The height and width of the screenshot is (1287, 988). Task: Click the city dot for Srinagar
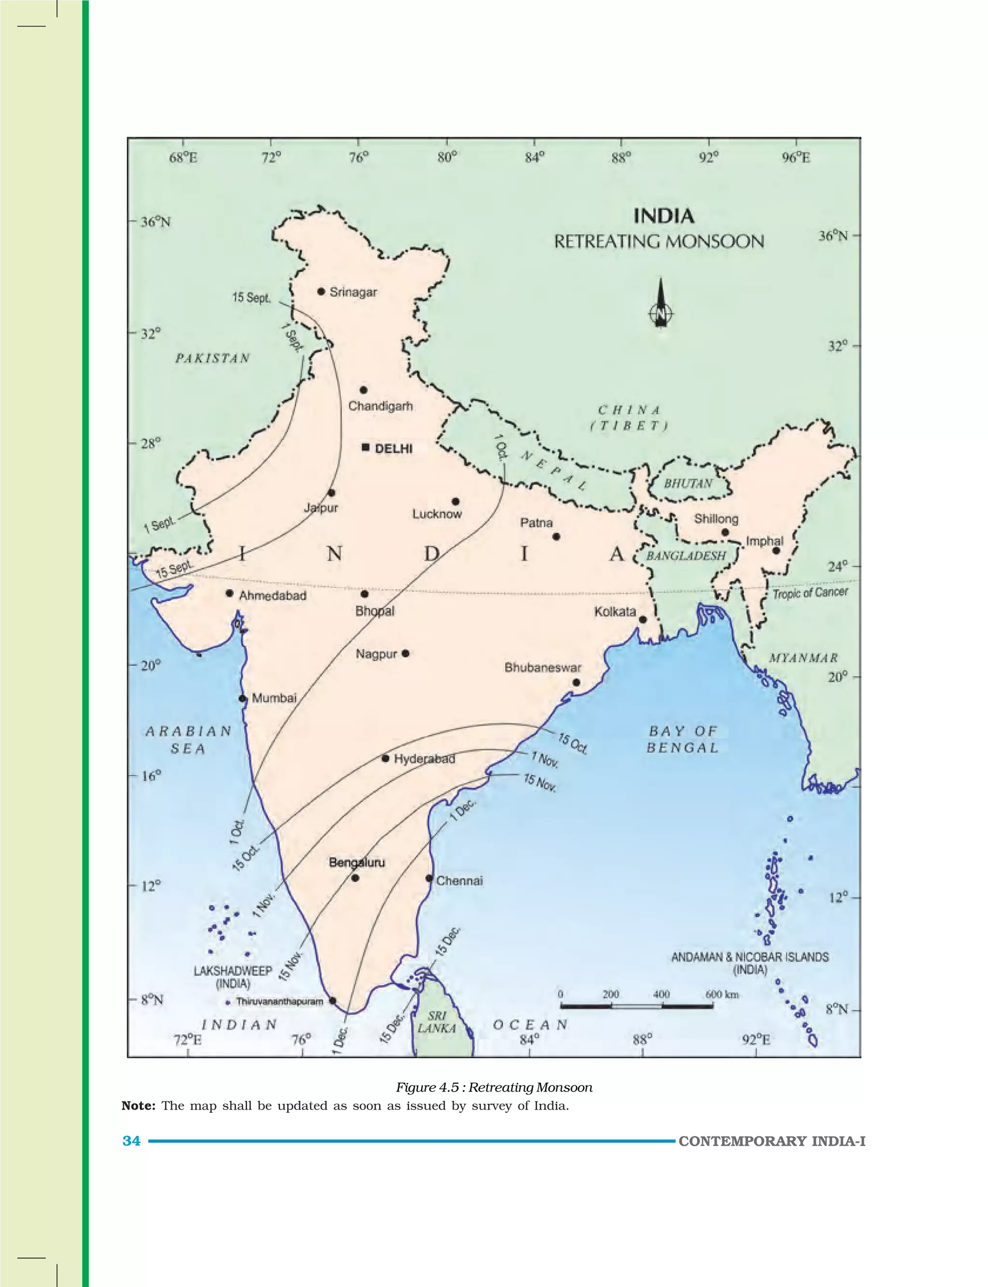[x=321, y=292]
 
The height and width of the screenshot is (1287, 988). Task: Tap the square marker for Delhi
[x=365, y=448]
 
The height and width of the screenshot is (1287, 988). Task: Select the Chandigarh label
[x=381, y=406]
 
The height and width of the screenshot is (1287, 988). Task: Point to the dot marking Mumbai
[x=242, y=698]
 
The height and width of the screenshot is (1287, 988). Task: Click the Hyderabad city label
[x=424, y=759]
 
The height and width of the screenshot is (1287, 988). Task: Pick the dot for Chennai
[x=429, y=878]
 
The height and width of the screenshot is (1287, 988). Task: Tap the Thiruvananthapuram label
[x=279, y=1001]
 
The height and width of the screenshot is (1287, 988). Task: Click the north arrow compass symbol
[x=661, y=304]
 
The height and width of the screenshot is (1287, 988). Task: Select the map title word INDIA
[x=663, y=217]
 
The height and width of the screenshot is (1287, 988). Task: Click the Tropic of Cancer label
[x=810, y=593]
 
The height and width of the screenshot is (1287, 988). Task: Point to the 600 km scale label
[x=722, y=995]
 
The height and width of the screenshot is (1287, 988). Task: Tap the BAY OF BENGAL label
[x=682, y=739]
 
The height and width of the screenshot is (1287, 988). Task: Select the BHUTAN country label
[x=687, y=484]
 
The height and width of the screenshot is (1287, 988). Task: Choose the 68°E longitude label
[x=183, y=158]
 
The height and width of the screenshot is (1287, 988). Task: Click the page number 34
[x=131, y=1141]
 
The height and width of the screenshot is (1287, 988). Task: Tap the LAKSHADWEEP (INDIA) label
[x=233, y=977]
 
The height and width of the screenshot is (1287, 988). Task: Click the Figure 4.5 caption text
[x=494, y=1088]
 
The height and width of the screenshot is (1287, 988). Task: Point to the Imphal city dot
[x=776, y=551]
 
